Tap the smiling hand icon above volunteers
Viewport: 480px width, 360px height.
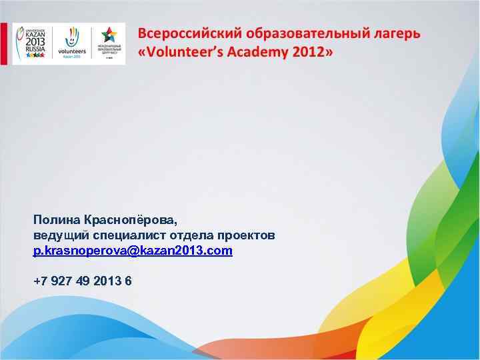pos(72,37)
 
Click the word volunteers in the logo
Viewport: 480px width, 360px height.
pos(72,51)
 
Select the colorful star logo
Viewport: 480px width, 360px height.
pos(108,36)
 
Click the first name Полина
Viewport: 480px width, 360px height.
pos(57,219)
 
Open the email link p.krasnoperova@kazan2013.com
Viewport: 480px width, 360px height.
pos(133,251)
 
